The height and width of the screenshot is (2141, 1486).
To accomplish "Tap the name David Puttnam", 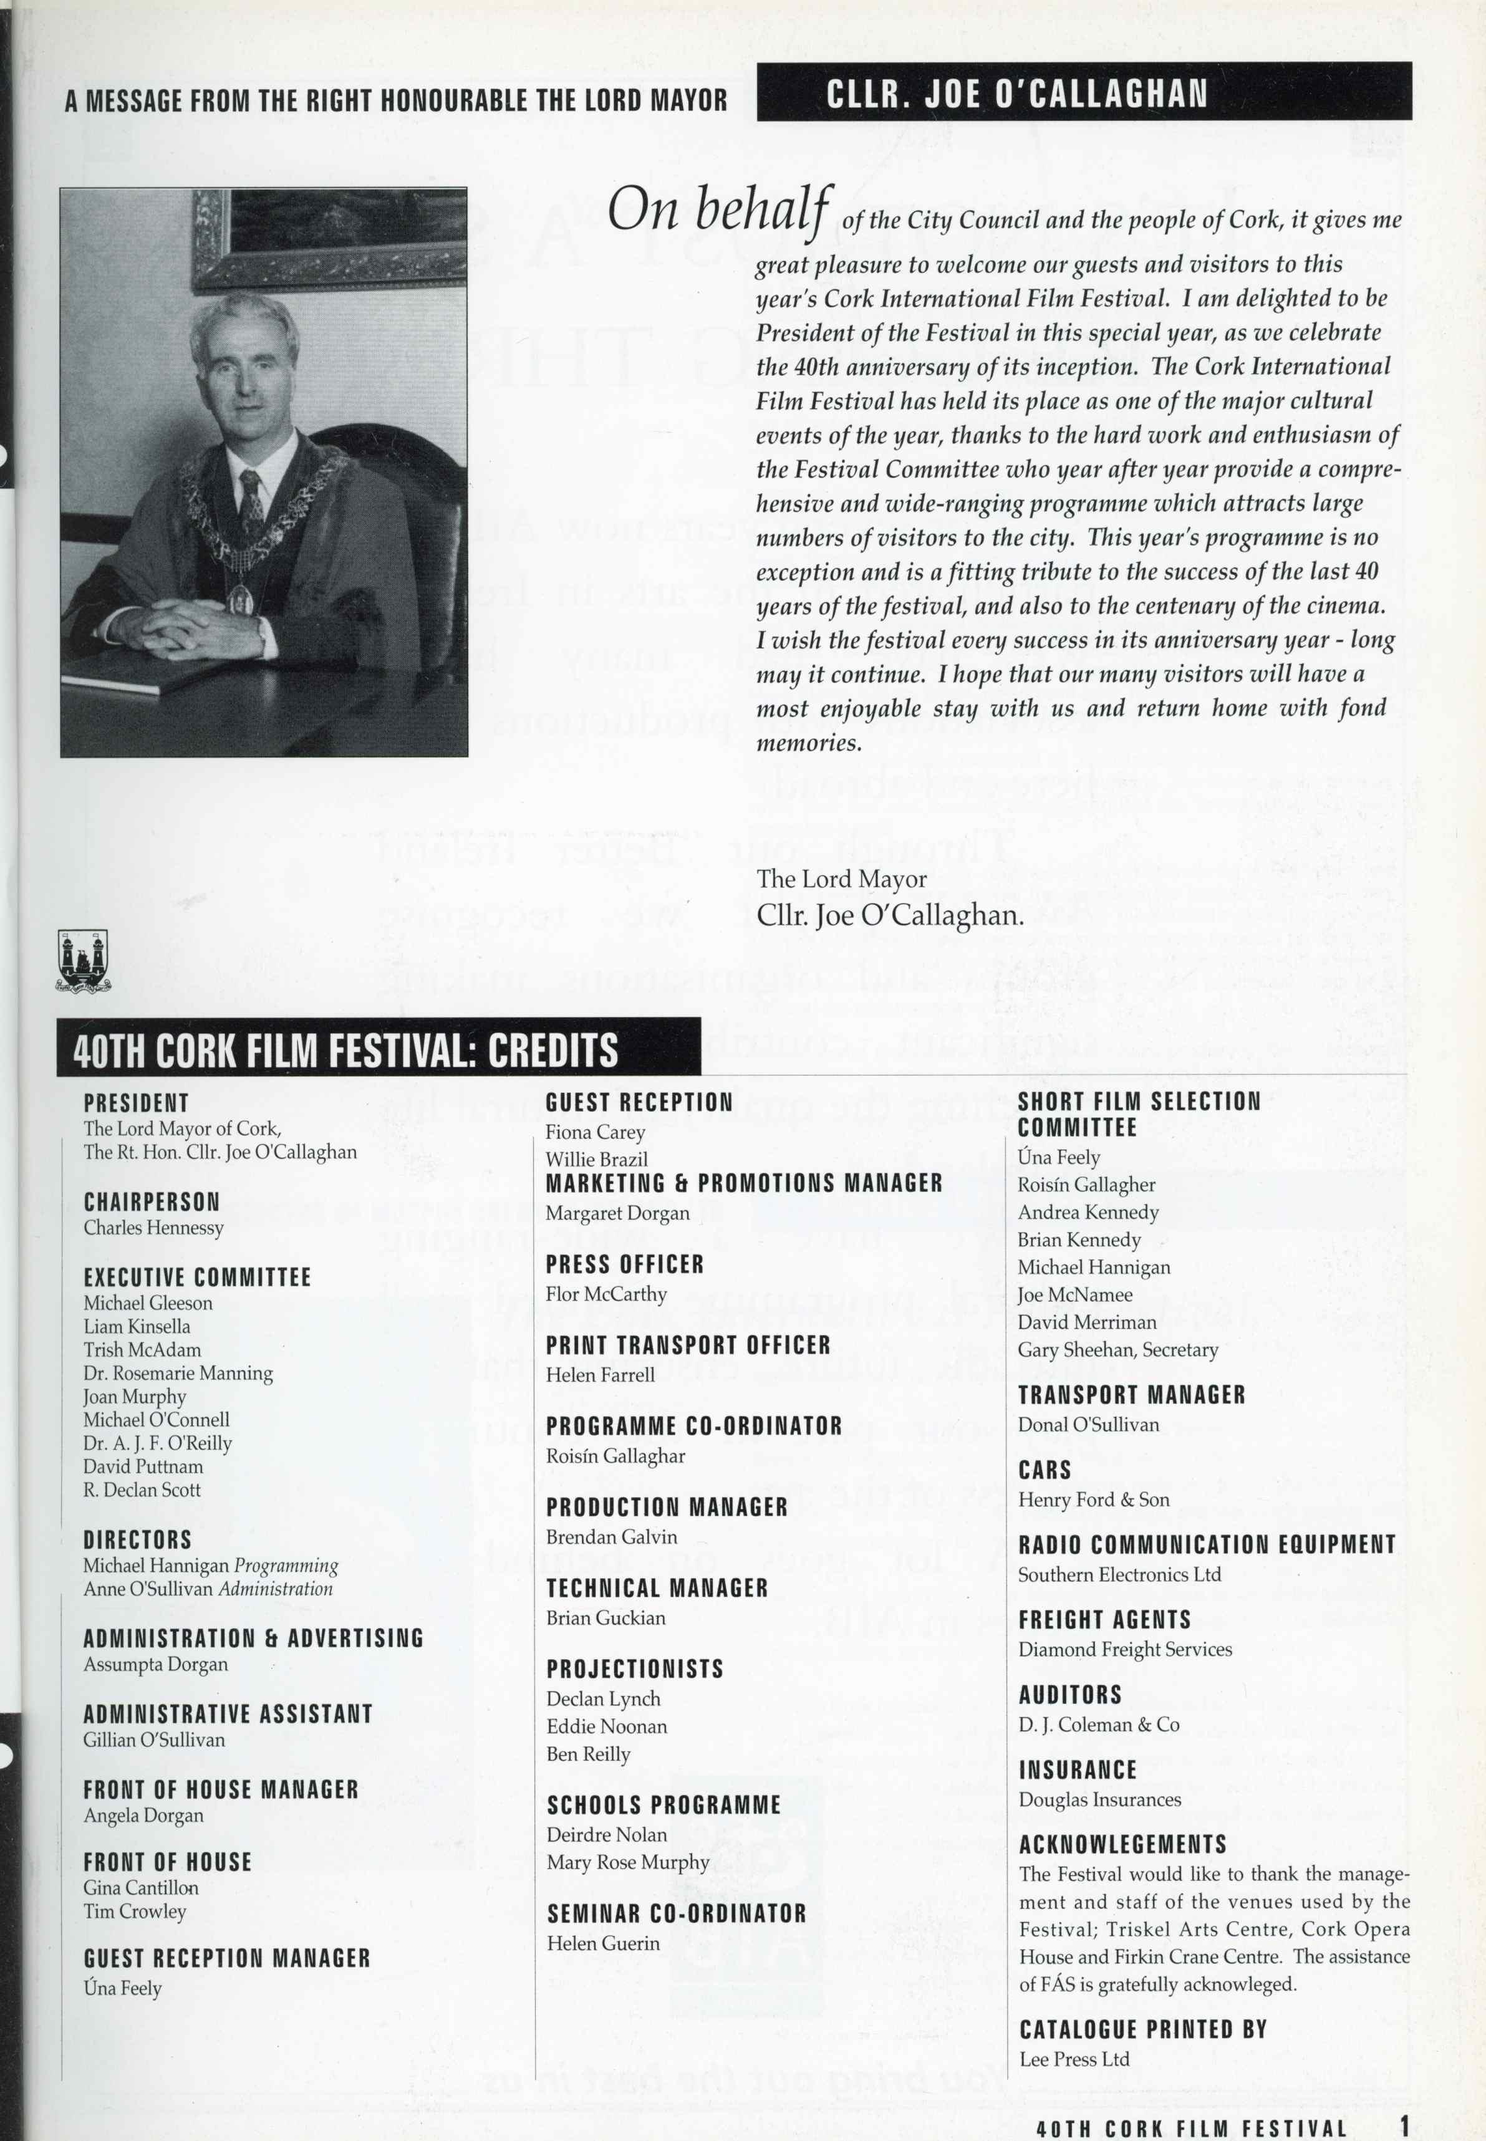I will tap(142, 1466).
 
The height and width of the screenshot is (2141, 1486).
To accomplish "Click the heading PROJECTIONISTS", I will tap(634, 1669).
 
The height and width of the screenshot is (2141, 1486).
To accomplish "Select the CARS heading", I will tap(1044, 1471).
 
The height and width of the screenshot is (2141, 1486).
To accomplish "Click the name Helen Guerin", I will tap(602, 1943).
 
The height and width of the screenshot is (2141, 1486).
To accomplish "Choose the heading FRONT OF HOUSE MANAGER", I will tap(221, 1790).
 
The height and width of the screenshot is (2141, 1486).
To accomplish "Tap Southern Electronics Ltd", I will tap(1119, 1575).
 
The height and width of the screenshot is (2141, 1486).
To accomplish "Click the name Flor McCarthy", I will tap(605, 1294).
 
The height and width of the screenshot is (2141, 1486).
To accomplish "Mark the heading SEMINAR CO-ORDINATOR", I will tap(676, 1914).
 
